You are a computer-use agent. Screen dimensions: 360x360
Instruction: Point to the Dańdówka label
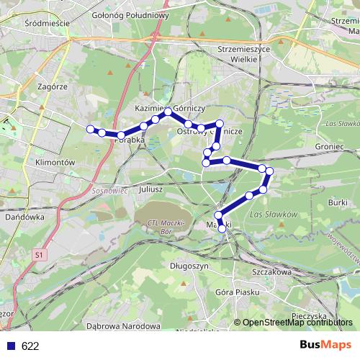(24, 216)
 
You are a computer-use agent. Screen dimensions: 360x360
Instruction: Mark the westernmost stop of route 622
(91, 129)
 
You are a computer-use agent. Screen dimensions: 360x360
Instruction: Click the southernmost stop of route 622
(222, 230)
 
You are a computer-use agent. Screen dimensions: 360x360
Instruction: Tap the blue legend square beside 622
(11, 346)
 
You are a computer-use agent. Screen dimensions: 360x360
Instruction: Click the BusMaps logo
(325, 345)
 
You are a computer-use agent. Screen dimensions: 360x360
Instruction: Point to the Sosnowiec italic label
(109, 193)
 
